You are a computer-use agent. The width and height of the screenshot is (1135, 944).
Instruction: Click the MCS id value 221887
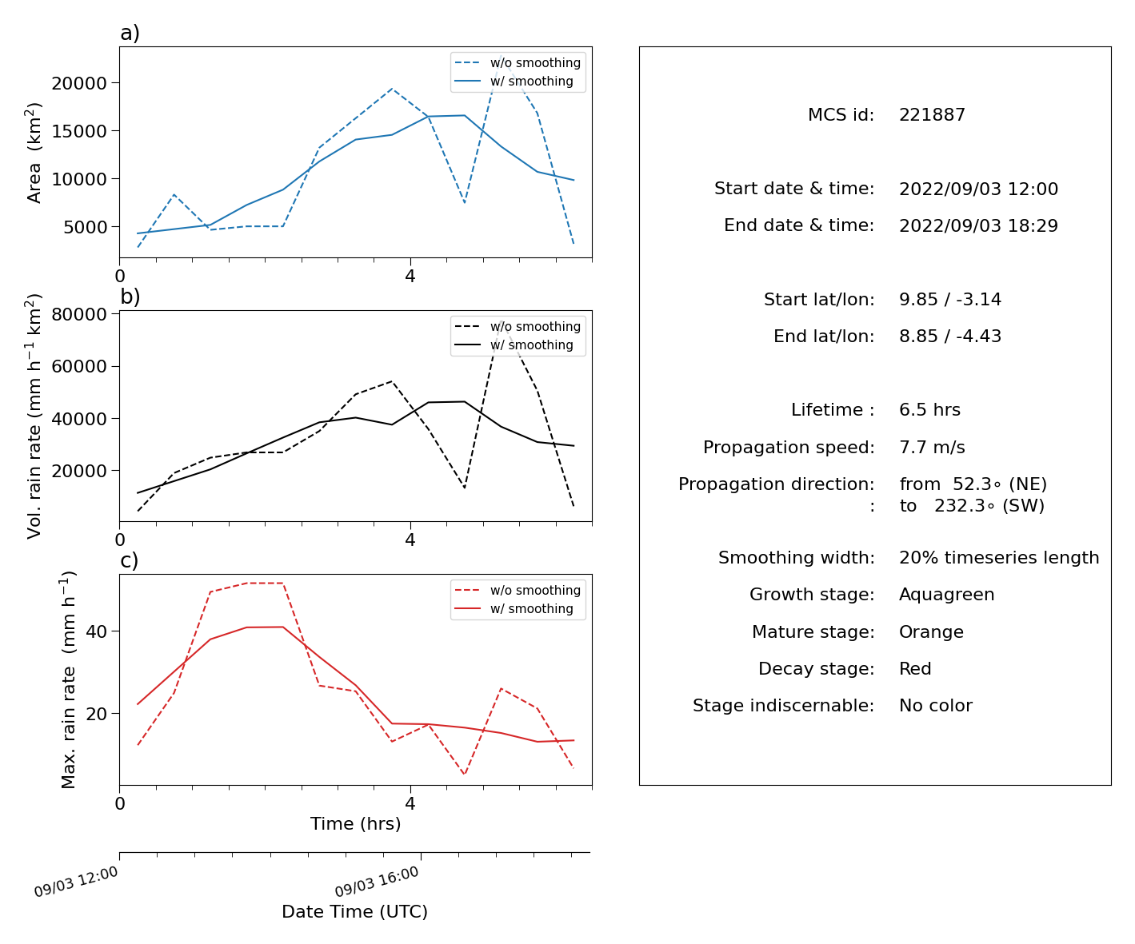932,114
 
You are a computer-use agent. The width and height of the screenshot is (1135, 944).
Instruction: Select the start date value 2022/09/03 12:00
978,189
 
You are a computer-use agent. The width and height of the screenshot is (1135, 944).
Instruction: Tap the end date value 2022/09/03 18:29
978,225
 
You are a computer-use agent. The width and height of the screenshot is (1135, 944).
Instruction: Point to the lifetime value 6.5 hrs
929,409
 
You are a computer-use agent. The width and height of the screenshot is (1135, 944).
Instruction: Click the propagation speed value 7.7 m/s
932,447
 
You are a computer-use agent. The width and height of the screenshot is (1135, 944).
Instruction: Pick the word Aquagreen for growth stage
946,594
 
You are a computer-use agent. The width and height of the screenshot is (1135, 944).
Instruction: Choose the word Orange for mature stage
931,631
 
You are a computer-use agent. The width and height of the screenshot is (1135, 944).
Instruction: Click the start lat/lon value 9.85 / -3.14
950,299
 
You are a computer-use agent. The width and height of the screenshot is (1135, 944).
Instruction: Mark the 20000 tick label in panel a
79,83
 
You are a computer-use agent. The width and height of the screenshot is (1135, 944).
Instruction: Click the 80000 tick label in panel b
79,314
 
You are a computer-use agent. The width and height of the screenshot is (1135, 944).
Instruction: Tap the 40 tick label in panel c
96,631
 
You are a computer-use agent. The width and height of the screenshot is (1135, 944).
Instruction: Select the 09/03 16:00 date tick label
376,881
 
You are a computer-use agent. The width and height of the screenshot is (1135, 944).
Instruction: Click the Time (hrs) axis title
355,823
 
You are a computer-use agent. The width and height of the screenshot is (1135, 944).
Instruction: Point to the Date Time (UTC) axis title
354,911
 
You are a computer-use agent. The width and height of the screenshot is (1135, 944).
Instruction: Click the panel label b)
130,297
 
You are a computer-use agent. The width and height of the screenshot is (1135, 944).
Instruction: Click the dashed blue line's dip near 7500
464,202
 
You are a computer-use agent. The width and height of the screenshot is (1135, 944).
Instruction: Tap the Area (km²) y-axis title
33,153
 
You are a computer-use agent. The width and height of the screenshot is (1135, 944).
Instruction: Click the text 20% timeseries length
999,557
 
